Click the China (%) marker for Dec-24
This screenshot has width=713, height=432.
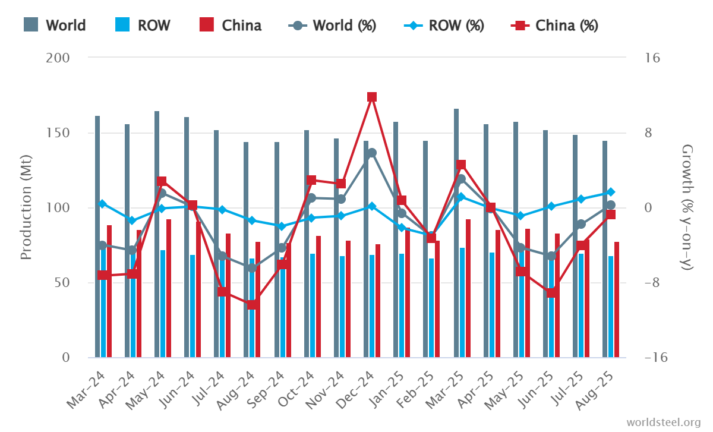[x=372, y=97]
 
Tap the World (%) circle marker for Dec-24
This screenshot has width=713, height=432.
[x=372, y=153]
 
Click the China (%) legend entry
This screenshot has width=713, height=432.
[x=555, y=26]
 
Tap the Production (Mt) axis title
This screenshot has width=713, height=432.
[x=26, y=207]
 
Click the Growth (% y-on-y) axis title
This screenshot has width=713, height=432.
[x=687, y=207]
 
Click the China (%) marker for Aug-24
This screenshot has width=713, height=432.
[x=252, y=305]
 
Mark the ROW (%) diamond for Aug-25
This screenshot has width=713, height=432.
[x=611, y=192]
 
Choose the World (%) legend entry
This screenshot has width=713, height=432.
[x=341, y=26]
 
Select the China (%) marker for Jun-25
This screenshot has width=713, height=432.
[x=551, y=293]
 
